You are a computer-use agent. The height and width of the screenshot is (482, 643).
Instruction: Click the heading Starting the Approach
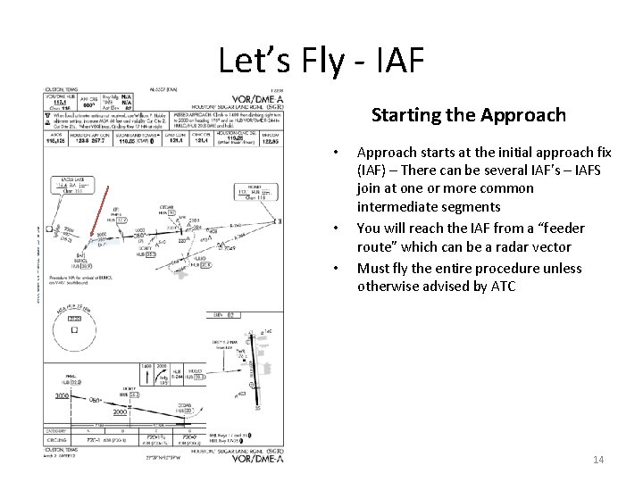[468, 116]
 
